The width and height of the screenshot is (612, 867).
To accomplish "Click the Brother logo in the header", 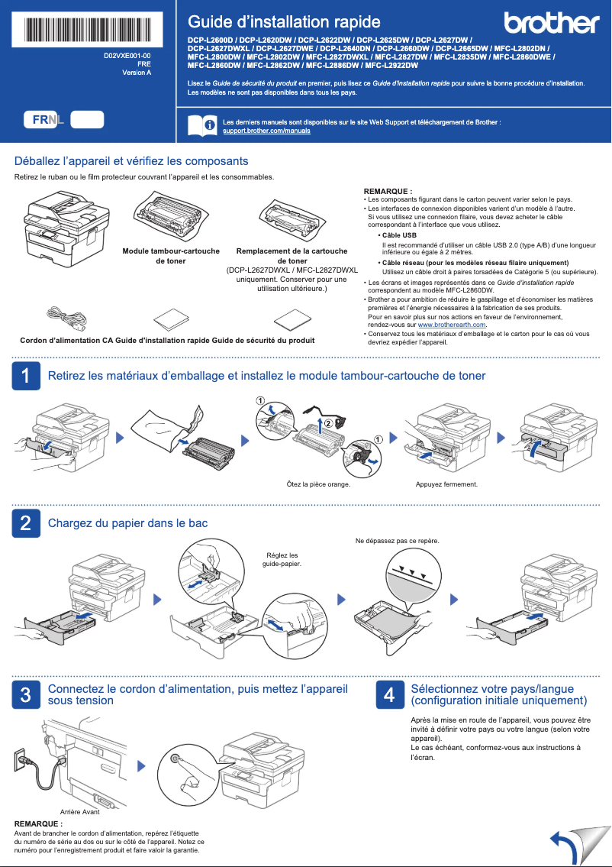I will (x=551, y=24).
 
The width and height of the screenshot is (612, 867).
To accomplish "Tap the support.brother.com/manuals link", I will (x=266, y=131).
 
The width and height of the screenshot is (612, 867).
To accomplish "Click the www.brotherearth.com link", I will (x=452, y=325).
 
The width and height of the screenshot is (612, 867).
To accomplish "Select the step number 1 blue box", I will (x=26, y=376).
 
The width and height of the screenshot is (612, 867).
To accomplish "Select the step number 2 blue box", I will (x=26, y=523).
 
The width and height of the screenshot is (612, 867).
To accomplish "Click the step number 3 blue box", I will (x=26, y=694).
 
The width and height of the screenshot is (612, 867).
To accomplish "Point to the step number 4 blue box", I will (x=389, y=694).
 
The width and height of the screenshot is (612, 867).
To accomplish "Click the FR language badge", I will (x=41, y=119).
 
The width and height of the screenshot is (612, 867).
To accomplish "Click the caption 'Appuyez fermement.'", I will (x=446, y=484).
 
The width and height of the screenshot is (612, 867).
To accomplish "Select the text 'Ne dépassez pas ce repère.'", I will (x=398, y=541).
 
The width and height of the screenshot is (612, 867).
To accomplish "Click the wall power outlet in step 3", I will (x=22, y=759).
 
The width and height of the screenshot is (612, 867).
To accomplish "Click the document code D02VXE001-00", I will (x=127, y=57).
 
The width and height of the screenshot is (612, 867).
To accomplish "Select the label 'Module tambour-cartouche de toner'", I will (x=171, y=256).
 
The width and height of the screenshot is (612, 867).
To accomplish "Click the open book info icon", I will (x=201, y=126).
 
